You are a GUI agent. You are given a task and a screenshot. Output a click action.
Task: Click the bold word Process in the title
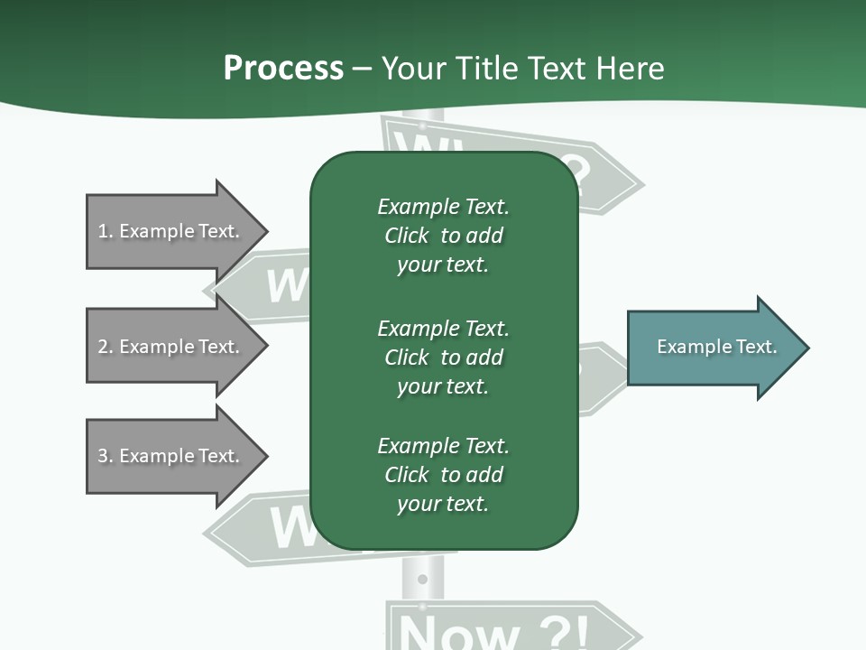coord(283,69)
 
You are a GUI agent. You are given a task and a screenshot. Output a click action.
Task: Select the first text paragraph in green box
coord(443,236)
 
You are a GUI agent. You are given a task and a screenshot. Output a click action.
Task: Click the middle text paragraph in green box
coord(443,357)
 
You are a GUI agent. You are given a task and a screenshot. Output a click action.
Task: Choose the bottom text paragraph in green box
coord(443,475)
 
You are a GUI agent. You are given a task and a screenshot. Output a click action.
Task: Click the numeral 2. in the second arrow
coord(105,347)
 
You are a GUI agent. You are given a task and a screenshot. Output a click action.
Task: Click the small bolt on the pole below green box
coord(422,578)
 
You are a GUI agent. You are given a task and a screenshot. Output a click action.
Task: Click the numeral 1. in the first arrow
coord(105,231)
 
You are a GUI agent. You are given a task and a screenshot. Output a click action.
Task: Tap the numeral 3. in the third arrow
coord(105,456)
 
